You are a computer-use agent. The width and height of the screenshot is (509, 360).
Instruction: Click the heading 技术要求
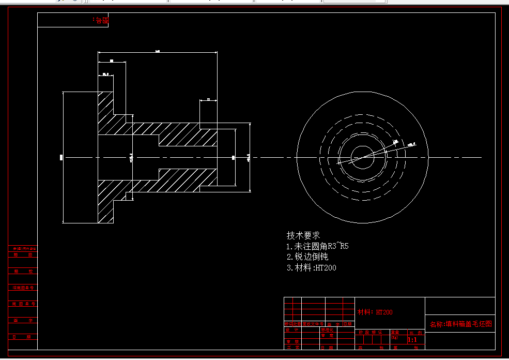click(x=303, y=235)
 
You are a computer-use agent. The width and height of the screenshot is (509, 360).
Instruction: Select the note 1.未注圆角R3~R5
click(x=317, y=246)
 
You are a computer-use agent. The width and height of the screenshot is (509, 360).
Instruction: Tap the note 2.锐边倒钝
click(x=307, y=257)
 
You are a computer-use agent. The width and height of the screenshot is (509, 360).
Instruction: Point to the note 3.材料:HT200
click(x=311, y=267)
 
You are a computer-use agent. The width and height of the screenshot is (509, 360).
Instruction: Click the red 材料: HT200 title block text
click(x=375, y=312)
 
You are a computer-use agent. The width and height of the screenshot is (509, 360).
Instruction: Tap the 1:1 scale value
click(x=412, y=340)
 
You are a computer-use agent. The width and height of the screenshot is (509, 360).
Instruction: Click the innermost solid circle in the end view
click(x=363, y=157)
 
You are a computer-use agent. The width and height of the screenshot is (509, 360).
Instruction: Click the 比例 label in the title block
click(x=415, y=332)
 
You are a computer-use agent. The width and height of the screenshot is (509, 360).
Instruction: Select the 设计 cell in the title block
click(x=292, y=329)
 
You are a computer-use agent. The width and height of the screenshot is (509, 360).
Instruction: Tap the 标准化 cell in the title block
click(x=328, y=329)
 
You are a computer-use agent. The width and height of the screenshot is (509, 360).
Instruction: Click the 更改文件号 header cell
click(x=313, y=324)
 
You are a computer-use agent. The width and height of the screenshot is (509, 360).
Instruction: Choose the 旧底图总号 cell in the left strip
click(x=23, y=288)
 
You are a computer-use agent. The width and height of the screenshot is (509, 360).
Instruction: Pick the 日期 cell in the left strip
click(x=23, y=337)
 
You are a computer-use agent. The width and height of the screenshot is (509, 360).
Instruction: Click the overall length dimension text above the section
click(x=157, y=51)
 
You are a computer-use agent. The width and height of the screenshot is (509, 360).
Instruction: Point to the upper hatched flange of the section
click(x=106, y=103)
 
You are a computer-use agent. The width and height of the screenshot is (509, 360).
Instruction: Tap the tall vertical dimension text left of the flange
click(x=61, y=157)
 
